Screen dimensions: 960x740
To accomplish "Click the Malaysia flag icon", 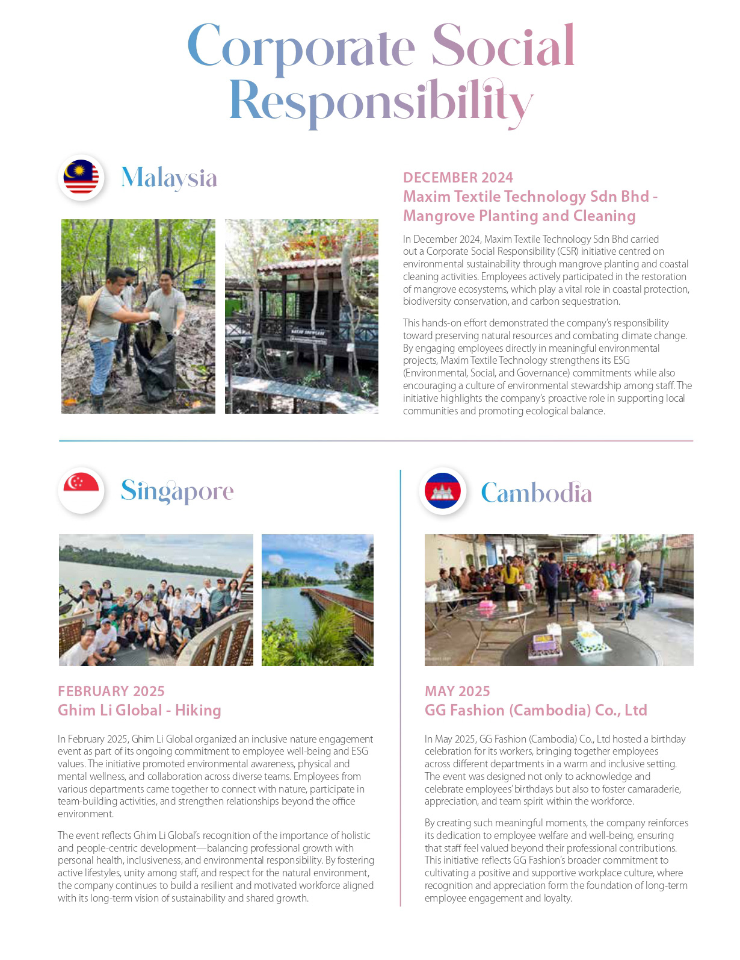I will click(81, 178).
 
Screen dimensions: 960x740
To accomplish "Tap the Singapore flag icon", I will click(81, 490).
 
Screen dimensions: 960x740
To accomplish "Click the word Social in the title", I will click(503, 46).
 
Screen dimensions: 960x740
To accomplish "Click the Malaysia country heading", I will click(169, 178).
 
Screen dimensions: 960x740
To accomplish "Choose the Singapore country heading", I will click(177, 491).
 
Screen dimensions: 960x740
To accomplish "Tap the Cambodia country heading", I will click(536, 493).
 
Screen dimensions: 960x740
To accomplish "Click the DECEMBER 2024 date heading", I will click(458, 178).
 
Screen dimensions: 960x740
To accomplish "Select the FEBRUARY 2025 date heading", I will click(111, 691).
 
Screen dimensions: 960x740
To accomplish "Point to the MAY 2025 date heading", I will click(457, 691).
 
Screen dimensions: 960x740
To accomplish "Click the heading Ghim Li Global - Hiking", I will click(140, 710).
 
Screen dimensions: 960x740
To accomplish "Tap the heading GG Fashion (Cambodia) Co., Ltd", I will click(535, 710).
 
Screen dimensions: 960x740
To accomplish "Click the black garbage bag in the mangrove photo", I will click(151, 357).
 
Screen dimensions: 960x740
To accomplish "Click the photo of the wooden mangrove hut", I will click(301, 316).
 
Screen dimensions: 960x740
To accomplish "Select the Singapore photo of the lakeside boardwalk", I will click(318, 600).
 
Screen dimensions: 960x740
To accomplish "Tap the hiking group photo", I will click(156, 600).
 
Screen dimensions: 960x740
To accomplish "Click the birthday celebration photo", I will click(559, 600).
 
